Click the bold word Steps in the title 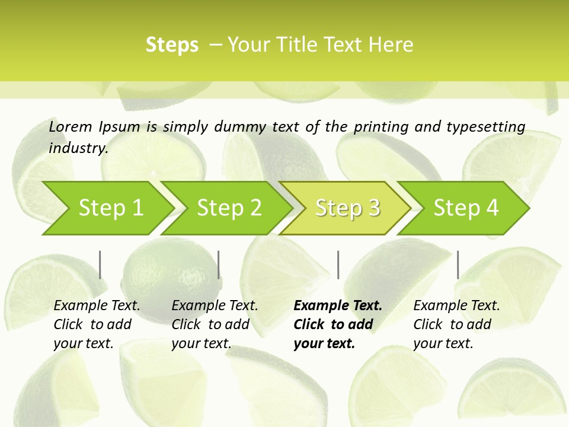pyautogui.click(x=172, y=45)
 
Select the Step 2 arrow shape pyautogui.click(x=229, y=208)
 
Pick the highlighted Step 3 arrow pyautogui.click(x=347, y=208)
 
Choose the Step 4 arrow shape pyautogui.click(x=466, y=208)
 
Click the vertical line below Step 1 pyautogui.click(x=100, y=265)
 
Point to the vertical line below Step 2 pyautogui.click(x=219, y=265)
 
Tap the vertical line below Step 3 pyautogui.click(x=338, y=265)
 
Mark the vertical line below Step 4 pyautogui.click(x=458, y=265)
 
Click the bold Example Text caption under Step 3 pyautogui.click(x=337, y=324)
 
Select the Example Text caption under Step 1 pyautogui.click(x=97, y=324)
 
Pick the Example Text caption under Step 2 pyautogui.click(x=215, y=324)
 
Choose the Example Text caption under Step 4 pyautogui.click(x=456, y=324)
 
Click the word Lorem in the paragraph pyautogui.click(x=70, y=126)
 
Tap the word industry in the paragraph pyautogui.click(x=78, y=148)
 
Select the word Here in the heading pyautogui.click(x=394, y=45)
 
